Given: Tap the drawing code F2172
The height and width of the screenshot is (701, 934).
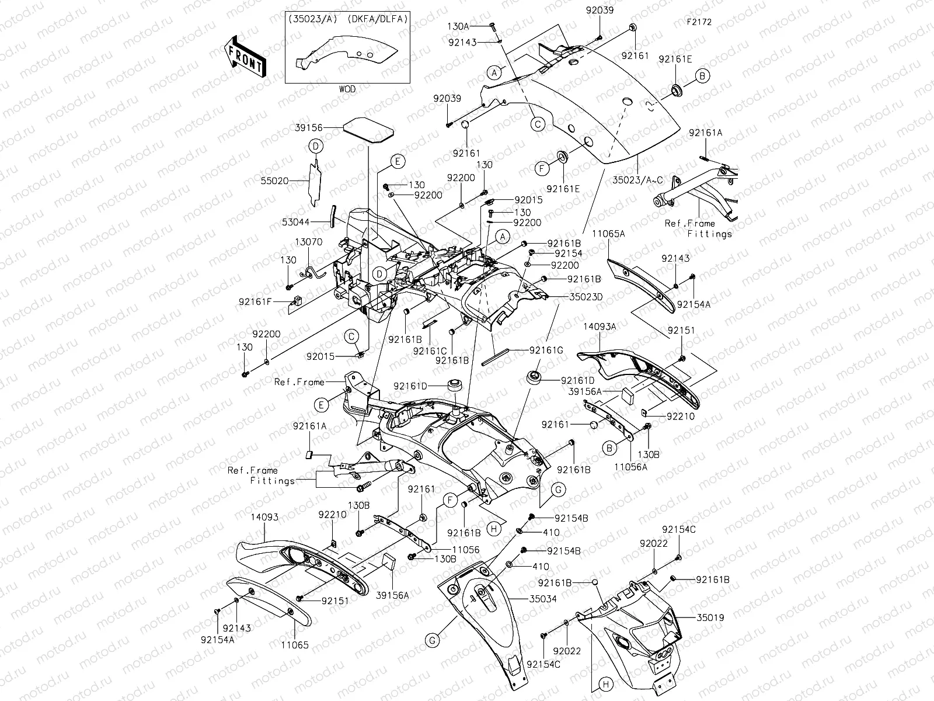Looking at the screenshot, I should pyautogui.click(x=699, y=22).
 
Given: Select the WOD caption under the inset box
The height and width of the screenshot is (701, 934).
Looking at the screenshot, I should pyautogui.click(x=347, y=89).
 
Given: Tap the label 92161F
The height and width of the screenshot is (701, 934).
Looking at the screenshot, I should pyautogui.click(x=256, y=301).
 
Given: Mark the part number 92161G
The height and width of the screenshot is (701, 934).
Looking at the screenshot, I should pyautogui.click(x=547, y=350).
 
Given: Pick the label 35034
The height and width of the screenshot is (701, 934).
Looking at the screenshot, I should pyautogui.click(x=543, y=599).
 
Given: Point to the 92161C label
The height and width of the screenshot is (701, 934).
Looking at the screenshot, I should pyautogui.click(x=430, y=350).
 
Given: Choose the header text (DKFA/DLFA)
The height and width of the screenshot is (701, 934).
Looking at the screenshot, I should pyautogui.click(x=378, y=19).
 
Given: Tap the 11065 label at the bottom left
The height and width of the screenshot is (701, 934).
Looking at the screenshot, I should pyautogui.click(x=294, y=646).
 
